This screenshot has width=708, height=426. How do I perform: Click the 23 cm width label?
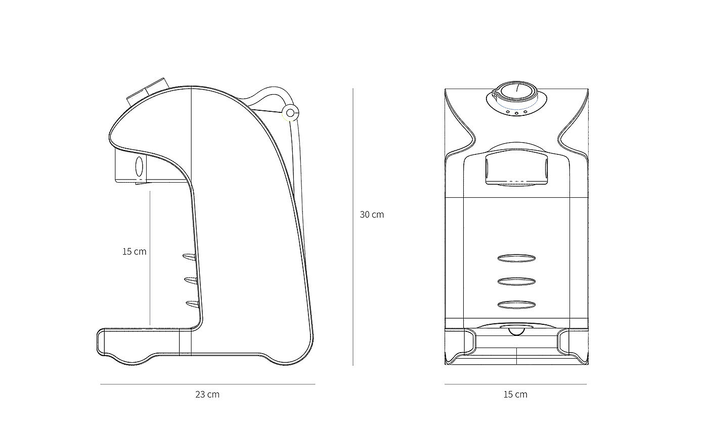(x=207, y=394)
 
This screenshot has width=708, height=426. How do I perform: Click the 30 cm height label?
(x=372, y=215)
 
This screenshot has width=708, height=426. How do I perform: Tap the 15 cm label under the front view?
(x=515, y=394)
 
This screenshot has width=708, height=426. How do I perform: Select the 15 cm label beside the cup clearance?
(x=135, y=251)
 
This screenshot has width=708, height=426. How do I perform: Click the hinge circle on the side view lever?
(x=290, y=113)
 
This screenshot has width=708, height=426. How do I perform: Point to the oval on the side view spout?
(x=139, y=166)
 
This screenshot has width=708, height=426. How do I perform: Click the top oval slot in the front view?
(x=516, y=259)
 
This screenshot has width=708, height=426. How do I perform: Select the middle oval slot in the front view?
(x=516, y=281)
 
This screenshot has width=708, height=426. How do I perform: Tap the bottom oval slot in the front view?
(x=516, y=305)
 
